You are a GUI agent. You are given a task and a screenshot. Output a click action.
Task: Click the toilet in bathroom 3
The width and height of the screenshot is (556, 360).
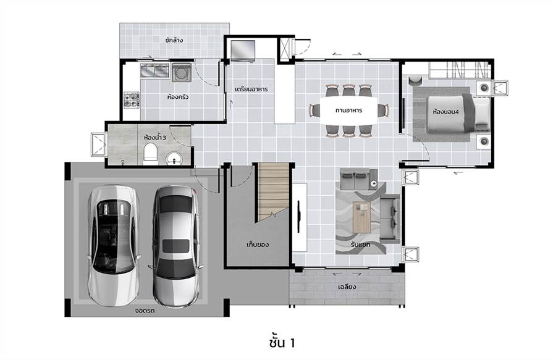point(150,153)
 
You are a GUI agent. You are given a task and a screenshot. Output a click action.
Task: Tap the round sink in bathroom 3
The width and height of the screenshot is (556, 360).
point(174,158)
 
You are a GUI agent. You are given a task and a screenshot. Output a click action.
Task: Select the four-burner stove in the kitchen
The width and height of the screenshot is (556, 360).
point(131,99)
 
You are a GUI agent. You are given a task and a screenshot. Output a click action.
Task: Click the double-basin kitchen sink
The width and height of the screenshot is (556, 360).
point(154,70)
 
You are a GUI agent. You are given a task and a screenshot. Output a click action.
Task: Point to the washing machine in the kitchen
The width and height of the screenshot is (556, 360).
point(182,72)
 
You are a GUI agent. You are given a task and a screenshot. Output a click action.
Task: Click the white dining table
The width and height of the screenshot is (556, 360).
point(349,110)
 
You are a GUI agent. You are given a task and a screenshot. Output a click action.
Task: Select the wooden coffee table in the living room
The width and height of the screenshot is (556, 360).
point(361,217)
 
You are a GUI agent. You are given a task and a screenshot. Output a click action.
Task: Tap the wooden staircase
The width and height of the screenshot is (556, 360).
point(274,191)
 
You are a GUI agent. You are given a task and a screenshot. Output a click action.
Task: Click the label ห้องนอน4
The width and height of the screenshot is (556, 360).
point(445,111)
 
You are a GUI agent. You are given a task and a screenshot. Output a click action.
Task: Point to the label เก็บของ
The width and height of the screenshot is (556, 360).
point(258,245)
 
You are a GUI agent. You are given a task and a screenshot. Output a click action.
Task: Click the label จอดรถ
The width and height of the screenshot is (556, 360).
point(145,311)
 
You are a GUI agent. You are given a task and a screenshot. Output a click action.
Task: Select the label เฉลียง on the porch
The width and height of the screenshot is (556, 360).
point(347,287)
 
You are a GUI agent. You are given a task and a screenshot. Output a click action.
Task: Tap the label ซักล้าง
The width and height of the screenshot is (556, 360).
point(174,40)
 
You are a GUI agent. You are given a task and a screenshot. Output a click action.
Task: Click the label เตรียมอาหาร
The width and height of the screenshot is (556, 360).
point(251,89)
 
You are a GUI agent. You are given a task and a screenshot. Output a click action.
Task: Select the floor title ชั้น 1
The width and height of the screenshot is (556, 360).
point(282,342)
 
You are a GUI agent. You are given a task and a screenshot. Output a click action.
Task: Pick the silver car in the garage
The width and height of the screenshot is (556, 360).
point(176,246)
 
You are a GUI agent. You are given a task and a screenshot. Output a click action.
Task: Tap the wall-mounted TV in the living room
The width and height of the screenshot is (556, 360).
point(299,217)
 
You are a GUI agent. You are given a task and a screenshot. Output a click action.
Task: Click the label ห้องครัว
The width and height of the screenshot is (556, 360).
point(178,96)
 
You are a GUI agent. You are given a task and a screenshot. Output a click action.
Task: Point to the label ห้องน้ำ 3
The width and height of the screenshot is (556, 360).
point(155,136)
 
